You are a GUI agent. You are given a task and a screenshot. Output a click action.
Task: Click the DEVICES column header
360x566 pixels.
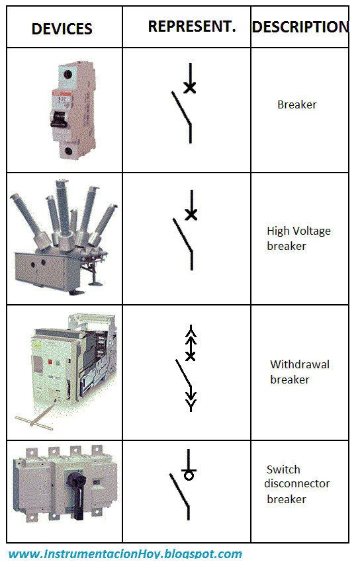point(62,28)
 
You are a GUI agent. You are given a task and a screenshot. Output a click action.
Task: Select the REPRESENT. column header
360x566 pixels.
point(191,26)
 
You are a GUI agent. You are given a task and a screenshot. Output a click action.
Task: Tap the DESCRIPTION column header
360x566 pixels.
point(300,27)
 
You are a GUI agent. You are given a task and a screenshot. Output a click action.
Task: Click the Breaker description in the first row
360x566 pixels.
point(296,104)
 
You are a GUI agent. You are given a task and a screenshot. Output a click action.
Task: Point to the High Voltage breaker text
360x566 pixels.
point(298,238)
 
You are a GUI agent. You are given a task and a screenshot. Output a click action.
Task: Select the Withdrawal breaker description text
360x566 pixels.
point(299,372)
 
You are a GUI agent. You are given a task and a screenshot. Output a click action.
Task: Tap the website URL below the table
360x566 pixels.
point(125,554)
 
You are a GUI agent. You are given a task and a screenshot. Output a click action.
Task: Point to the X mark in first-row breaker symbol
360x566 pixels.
point(190,87)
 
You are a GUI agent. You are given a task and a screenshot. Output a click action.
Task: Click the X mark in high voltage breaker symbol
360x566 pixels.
point(191,214)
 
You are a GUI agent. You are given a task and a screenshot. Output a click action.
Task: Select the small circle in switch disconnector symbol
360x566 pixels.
point(189,475)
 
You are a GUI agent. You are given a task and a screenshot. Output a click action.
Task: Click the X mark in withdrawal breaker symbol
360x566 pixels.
point(191,356)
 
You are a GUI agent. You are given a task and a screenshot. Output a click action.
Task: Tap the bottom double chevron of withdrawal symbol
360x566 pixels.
point(191,399)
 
